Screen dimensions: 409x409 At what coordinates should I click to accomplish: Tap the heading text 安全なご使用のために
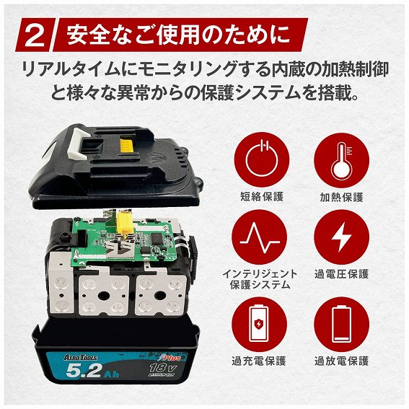(178, 35)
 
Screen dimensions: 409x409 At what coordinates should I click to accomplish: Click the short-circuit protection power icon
(262, 159)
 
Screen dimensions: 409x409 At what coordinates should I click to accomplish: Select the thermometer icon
(341, 160)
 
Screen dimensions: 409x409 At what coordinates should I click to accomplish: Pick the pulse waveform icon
(260, 237)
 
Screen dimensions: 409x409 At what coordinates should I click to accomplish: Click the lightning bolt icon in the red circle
(341, 237)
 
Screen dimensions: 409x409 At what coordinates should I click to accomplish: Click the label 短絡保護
(262, 196)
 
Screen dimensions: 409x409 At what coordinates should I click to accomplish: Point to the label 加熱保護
(341, 197)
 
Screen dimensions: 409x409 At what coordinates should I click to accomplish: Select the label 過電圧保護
(341, 274)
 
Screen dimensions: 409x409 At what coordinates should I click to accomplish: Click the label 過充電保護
(259, 361)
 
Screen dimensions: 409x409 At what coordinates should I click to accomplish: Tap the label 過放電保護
(341, 361)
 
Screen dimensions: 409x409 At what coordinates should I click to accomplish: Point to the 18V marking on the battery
(163, 369)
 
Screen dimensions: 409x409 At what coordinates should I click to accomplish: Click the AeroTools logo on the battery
(80, 357)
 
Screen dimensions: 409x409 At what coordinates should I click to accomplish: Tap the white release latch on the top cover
(78, 145)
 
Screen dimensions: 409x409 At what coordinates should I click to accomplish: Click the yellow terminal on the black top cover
(126, 145)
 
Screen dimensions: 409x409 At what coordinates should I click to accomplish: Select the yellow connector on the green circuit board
(124, 222)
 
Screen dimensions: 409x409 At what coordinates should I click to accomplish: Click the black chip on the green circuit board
(158, 237)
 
